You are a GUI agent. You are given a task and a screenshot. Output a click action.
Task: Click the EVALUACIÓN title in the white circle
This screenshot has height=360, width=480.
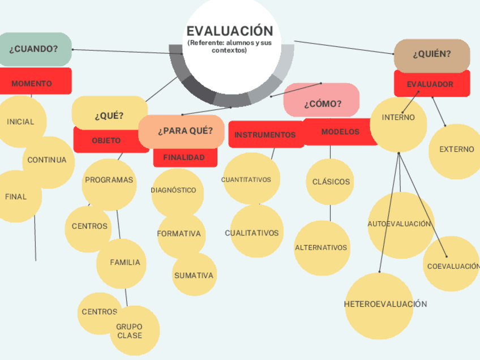click(x=230, y=31)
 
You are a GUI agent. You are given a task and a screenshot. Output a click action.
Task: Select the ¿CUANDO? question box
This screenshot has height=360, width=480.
click(x=34, y=49)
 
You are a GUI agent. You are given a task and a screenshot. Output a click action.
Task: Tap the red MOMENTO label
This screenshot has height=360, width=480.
click(x=33, y=83)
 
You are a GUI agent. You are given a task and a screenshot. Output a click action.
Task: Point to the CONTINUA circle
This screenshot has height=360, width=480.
click(x=48, y=160)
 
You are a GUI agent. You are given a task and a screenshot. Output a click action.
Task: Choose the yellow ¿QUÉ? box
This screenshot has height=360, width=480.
click(x=109, y=115)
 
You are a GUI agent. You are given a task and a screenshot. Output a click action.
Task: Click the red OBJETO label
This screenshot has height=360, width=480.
click(x=106, y=140)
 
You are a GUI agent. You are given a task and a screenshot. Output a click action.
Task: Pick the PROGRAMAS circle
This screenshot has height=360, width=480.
click(x=109, y=180)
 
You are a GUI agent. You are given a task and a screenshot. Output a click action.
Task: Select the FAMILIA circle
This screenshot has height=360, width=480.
click(x=125, y=262)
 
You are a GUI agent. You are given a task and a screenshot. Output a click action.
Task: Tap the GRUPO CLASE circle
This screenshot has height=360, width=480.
click(x=130, y=331)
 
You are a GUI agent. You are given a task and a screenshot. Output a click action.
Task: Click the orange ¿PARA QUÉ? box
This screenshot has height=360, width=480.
click(x=185, y=131)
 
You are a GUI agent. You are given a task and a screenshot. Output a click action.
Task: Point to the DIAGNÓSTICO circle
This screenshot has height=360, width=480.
click(x=174, y=190)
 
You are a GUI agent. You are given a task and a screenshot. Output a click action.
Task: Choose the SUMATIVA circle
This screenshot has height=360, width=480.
click(x=194, y=276)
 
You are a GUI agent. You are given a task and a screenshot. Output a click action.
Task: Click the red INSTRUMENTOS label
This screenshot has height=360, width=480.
click(x=265, y=135)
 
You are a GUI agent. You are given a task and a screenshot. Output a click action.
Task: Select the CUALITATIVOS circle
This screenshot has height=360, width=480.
click(x=252, y=233)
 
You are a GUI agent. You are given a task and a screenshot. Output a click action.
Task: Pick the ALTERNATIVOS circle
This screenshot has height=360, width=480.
click(x=321, y=247)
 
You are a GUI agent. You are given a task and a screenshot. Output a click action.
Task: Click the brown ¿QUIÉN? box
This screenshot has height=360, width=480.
click(x=432, y=54)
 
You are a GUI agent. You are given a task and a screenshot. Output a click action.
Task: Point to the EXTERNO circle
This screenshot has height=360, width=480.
click(x=456, y=149)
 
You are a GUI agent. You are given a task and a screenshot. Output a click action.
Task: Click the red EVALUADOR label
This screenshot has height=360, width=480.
click(x=431, y=84)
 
